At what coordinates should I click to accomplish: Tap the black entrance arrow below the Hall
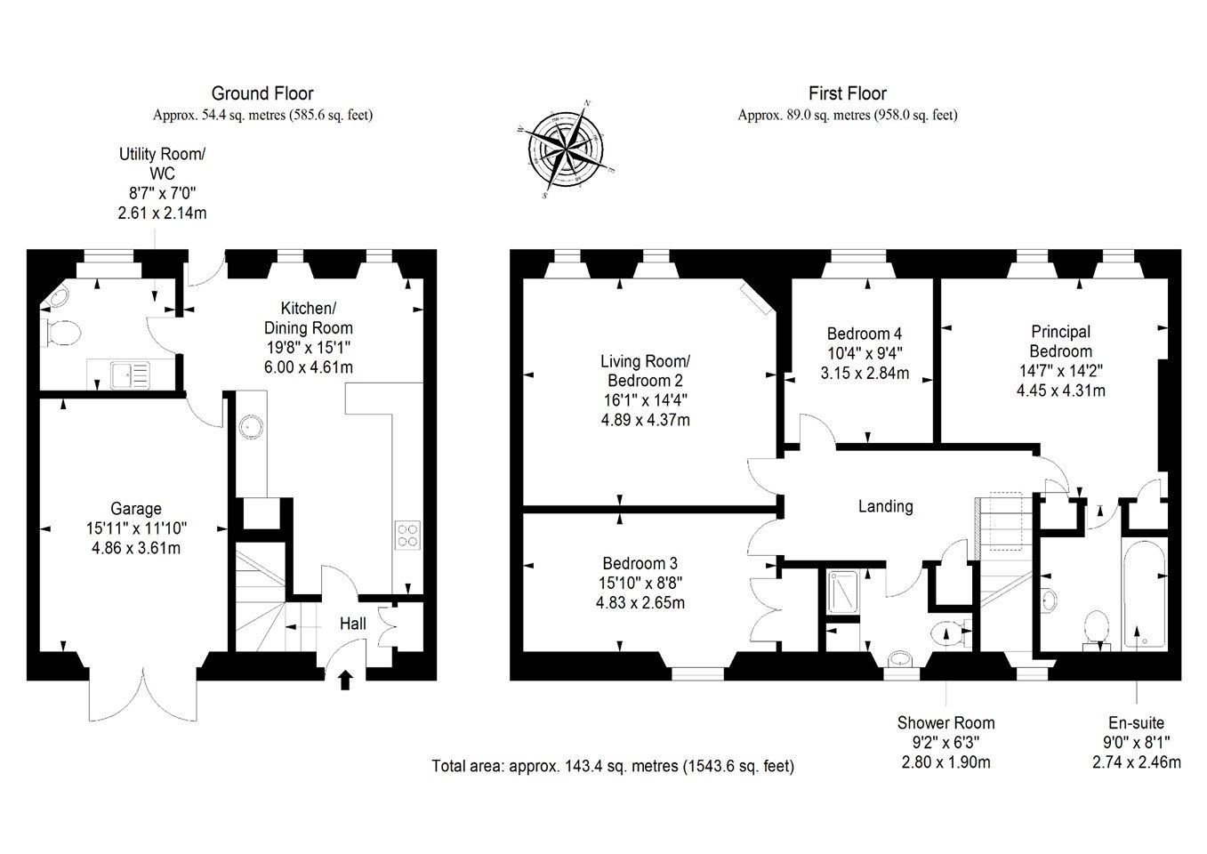click(345, 680)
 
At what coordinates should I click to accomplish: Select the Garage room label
click(136, 509)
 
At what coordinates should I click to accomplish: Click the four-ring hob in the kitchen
click(407, 535)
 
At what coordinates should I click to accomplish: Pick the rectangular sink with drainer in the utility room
click(130, 375)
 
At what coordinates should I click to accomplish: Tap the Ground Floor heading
click(262, 93)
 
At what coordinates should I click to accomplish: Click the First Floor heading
click(848, 93)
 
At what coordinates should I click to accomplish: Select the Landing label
click(885, 506)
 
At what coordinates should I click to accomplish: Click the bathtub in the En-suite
click(1144, 593)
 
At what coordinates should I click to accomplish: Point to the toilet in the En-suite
click(1097, 630)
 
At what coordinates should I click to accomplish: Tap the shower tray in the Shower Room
click(842, 592)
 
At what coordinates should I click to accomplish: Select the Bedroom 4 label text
click(865, 334)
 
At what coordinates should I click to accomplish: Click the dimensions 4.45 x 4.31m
click(1060, 391)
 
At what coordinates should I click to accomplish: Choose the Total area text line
click(613, 766)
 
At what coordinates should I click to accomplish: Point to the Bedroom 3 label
click(640, 563)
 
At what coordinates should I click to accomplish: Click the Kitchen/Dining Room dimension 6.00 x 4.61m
click(309, 367)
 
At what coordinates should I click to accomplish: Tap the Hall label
click(353, 624)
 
